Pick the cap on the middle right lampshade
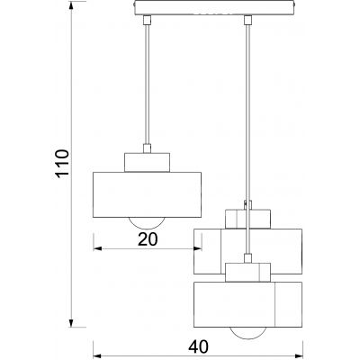247,217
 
